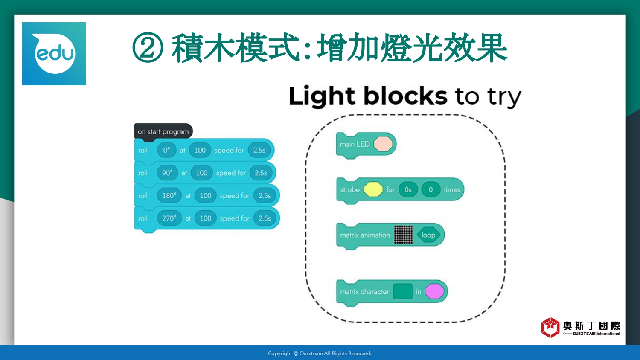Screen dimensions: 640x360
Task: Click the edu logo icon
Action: [x=54, y=54]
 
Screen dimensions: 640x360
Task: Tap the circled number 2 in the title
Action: [x=148, y=47]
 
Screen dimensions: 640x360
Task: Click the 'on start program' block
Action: [x=163, y=132]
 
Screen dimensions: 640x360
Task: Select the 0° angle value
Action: [x=166, y=150]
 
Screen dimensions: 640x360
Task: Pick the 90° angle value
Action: [x=167, y=173]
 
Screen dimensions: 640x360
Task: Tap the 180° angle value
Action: [x=169, y=195]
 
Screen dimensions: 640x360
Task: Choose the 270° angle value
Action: [x=169, y=218]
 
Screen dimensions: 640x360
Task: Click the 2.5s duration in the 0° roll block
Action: [x=259, y=150]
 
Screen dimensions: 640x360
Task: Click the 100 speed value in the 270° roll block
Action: [x=205, y=218]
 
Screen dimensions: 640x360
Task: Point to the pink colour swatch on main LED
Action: [x=383, y=144]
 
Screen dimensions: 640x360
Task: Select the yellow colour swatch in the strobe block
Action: [x=373, y=189]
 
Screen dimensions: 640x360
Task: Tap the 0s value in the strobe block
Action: [x=408, y=189]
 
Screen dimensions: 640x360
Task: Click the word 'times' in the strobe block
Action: [x=452, y=189]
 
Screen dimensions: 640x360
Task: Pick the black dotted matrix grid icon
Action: [x=404, y=235]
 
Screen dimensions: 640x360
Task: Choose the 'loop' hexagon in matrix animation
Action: [x=428, y=235]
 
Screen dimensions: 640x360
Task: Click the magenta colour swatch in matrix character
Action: [x=434, y=291]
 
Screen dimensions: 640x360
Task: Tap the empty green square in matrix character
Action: [x=403, y=291]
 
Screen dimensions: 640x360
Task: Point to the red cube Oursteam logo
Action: [x=550, y=328]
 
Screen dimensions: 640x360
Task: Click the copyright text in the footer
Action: [x=320, y=354]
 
